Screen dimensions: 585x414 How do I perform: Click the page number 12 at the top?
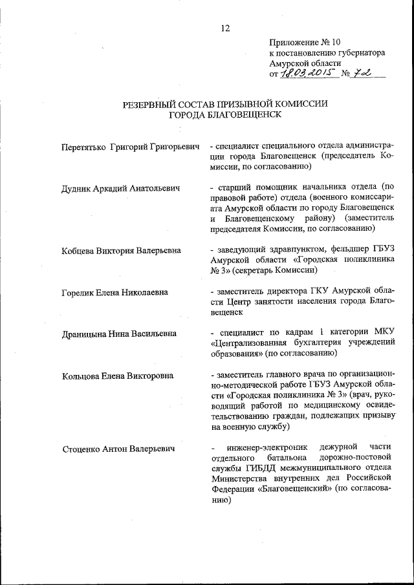coord(225,28)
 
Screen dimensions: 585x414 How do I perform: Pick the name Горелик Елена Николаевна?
coord(114,292)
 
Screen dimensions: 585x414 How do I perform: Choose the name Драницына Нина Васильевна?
coord(119,334)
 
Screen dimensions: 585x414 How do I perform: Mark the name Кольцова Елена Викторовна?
coord(117,376)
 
